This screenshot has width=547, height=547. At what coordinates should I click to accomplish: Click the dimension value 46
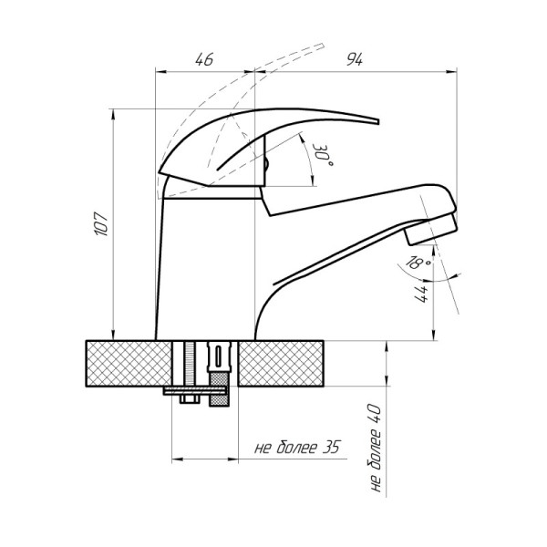204,59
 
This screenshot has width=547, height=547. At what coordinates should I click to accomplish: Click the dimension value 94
355,59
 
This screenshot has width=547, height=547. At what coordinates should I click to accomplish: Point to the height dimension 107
101,223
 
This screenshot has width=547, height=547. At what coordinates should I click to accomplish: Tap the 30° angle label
322,155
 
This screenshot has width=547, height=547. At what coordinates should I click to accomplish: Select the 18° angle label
418,263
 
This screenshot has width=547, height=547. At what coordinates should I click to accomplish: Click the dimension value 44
421,294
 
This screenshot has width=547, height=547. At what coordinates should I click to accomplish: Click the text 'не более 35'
297,448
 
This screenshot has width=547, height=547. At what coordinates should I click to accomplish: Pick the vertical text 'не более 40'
376,448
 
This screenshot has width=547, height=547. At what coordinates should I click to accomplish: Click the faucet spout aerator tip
431,229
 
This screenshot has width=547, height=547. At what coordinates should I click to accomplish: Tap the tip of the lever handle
377,121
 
